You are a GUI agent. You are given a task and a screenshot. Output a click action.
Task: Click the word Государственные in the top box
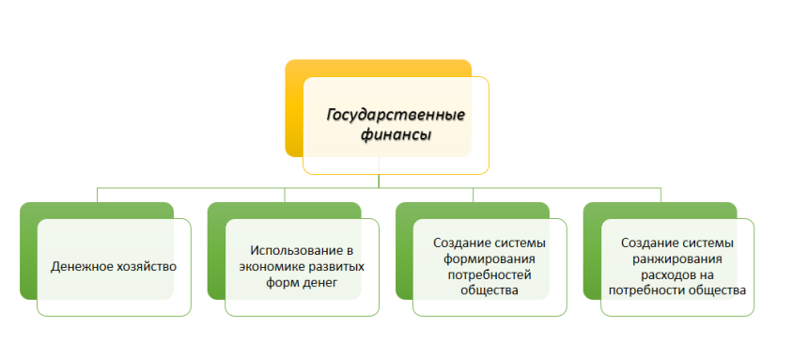click(396, 115)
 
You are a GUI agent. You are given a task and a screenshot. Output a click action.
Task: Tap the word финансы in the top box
click(396, 135)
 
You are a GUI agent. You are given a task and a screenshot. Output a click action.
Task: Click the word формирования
click(489, 258)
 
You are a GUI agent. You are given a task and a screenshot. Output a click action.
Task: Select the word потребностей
click(489, 274)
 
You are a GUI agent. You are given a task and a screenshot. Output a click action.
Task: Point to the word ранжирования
click(677, 258)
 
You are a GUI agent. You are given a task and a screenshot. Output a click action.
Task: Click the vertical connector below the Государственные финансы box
click(379, 181)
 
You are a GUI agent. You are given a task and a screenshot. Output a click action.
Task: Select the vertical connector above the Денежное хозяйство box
click(97, 195)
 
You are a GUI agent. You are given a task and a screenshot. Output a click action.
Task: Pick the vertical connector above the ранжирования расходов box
click(660, 195)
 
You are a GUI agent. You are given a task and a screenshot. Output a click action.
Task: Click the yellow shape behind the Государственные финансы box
click(294, 108)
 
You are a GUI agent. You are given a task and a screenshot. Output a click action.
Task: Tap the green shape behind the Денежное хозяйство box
click(28, 251)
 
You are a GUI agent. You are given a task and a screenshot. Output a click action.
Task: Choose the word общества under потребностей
click(489, 290)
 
